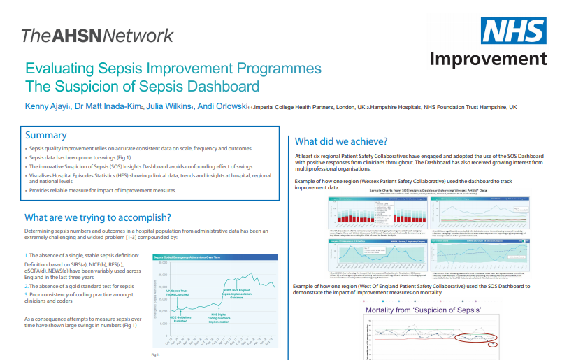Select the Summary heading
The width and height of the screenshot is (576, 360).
[45, 135]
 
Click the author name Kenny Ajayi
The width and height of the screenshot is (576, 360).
[48, 107]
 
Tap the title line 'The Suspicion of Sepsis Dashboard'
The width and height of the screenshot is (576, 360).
[142, 87]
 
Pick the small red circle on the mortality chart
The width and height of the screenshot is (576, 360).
[493, 344]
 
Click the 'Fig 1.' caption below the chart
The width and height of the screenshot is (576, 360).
[156, 354]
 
